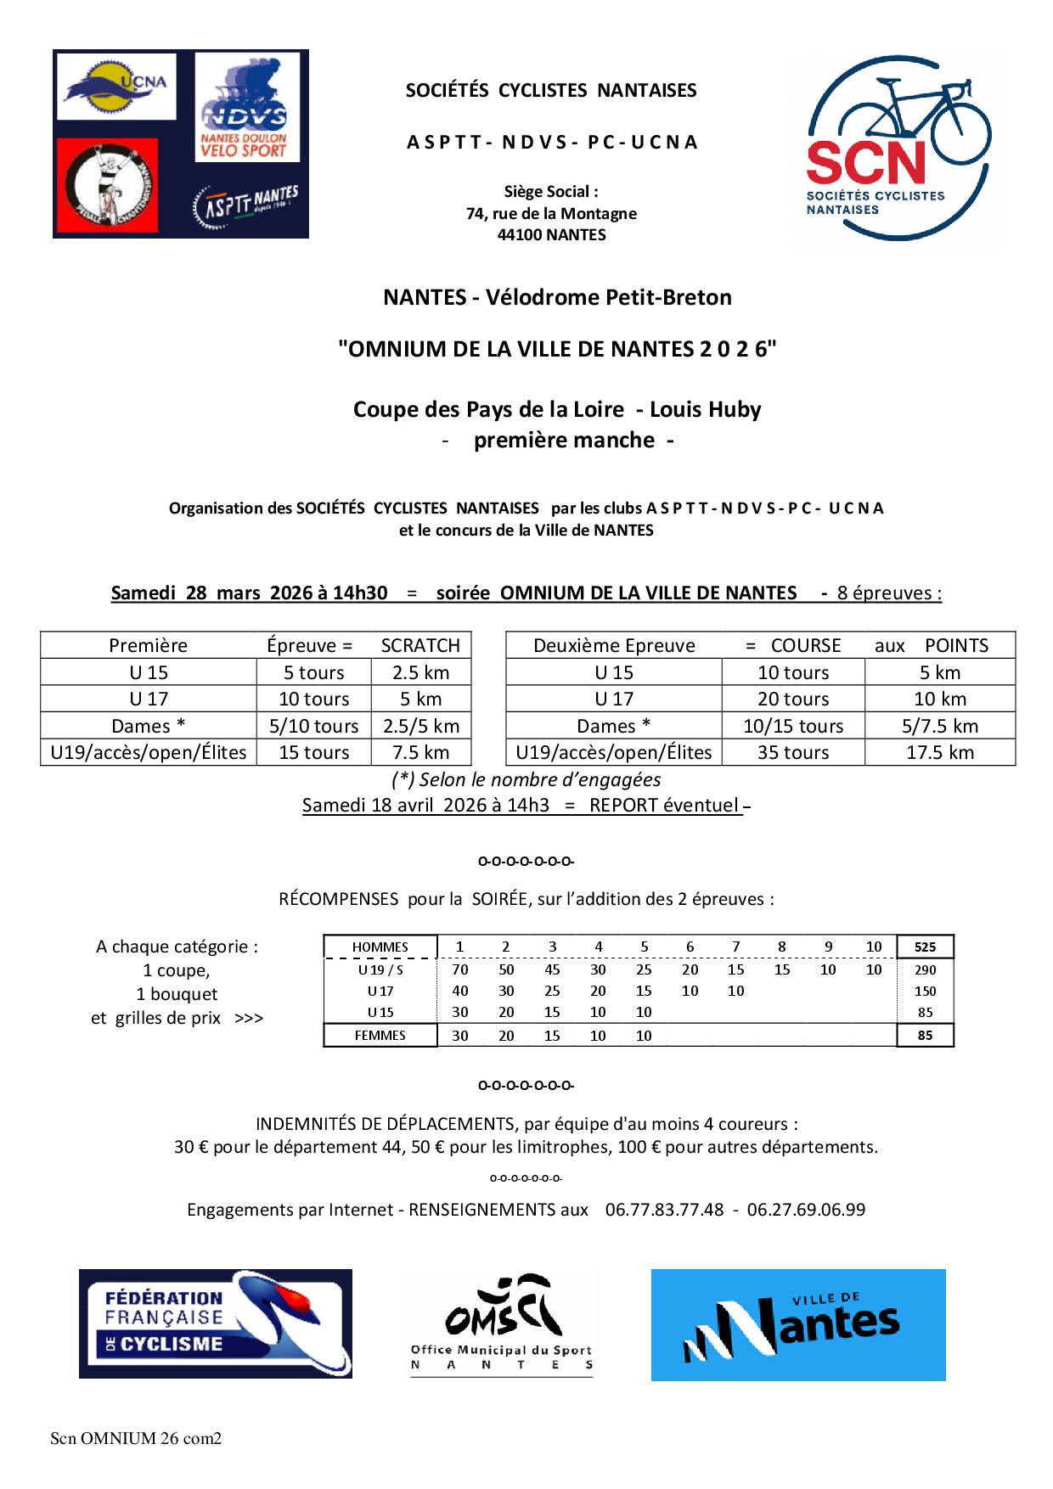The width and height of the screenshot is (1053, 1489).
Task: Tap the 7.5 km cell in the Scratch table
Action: pos(421,752)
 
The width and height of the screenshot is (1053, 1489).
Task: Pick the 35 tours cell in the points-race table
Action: pos(793,752)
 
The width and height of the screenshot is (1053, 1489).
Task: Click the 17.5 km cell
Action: pos(940,752)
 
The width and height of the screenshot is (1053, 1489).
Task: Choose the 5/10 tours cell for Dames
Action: pos(314,726)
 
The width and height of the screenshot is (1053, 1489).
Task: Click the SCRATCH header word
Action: pos(420,645)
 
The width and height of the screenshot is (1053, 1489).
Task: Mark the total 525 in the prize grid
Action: pos(925,947)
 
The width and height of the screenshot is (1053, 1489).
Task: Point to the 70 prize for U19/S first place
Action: pos(460,969)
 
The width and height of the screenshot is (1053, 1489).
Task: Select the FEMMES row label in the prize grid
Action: pos(380,1036)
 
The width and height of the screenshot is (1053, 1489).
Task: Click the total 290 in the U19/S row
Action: pos(925,969)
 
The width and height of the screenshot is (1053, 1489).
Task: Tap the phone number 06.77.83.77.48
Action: pos(664,1210)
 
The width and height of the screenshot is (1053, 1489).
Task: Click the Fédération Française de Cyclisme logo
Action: pos(216,1323)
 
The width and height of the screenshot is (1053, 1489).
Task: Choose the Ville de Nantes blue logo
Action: pos(797,1324)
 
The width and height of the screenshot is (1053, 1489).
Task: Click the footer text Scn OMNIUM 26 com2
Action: pos(136,1439)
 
